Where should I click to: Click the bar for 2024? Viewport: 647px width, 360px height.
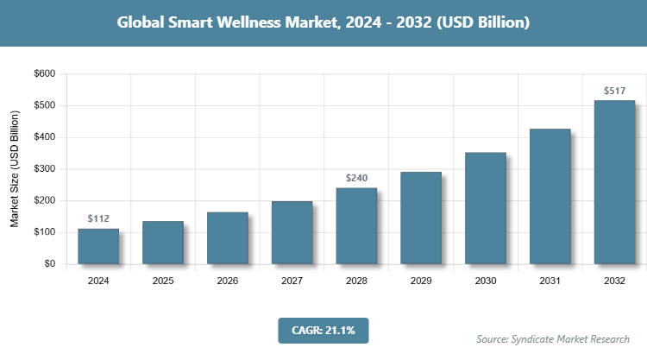click(x=97, y=246)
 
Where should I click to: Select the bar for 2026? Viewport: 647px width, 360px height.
click(x=227, y=237)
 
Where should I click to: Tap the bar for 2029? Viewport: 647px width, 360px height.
click(x=421, y=218)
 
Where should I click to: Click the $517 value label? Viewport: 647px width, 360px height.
click(x=614, y=91)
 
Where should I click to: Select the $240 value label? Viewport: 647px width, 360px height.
click(x=356, y=178)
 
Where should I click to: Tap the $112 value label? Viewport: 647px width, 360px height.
click(x=98, y=218)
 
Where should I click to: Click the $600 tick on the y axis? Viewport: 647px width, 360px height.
click(x=43, y=74)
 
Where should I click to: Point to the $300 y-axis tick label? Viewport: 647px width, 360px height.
click(x=43, y=169)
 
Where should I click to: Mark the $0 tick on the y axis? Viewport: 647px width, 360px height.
click(x=49, y=264)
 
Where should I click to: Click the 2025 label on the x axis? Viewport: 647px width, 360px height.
click(x=162, y=281)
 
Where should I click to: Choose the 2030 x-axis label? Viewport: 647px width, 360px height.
click(x=485, y=281)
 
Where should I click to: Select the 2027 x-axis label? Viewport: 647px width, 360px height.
click(x=292, y=281)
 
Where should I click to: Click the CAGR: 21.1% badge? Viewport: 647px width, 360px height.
click(x=323, y=330)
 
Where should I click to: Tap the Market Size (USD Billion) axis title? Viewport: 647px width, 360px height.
click(x=15, y=169)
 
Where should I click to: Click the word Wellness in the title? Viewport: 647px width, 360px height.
click(x=261, y=22)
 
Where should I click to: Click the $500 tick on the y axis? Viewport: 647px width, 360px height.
click(x=43, y=106)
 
